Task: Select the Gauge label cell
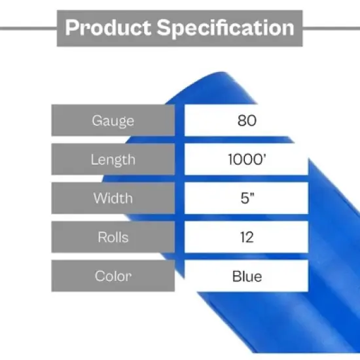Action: click(113, 120)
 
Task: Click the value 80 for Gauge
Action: click(246, 120)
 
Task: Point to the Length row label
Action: click(113, 159)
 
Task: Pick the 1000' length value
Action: click(246, 159)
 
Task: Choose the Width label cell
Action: click(113, 198)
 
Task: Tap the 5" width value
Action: click(246, 198)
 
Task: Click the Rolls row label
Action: click(113, 236)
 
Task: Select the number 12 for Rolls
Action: click(246, 236)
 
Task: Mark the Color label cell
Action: click(113, 276)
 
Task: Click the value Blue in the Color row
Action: click(246, 276)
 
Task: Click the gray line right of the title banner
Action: click(331, 28)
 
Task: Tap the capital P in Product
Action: click(73, 28)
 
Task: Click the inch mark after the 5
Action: click(251, 195)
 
